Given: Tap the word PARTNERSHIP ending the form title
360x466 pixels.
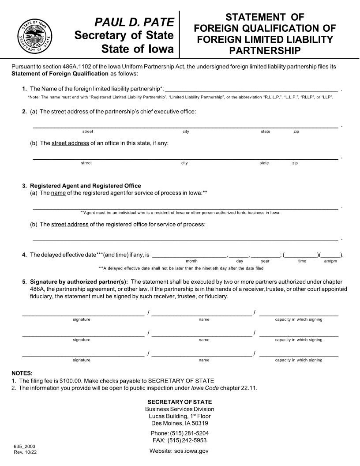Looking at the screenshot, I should tap(265, 51).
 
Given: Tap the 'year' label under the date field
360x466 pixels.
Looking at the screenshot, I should tap(265, 261).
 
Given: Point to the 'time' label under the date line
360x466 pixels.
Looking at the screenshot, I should tap(302, 261).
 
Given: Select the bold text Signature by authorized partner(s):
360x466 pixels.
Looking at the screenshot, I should tap(79, 282).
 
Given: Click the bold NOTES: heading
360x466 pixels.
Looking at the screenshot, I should tap(22, 373).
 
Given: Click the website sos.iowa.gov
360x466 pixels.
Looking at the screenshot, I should tap(190, 451).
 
